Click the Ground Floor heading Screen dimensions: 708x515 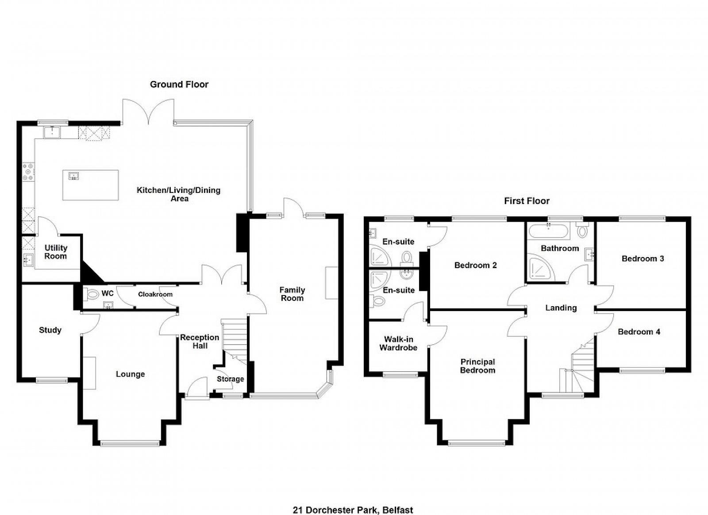tap(179, 85)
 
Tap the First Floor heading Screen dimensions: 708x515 tap(527, 201)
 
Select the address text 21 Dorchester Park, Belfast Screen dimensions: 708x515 tap(353, 501)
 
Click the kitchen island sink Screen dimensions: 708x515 tap(73, 176)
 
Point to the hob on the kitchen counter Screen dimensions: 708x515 tap(28, 172)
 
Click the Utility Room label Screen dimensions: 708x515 tap(56, 252)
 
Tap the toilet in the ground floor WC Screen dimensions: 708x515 tap(92, 295)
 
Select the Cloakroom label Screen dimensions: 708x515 tap(155, 295)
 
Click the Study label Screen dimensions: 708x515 tap(50, 330)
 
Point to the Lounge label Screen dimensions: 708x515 tap(130, 374)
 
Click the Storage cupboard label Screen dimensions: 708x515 tap(231, 379)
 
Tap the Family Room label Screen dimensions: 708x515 tap(292, 294)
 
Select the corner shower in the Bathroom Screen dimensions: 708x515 tap(542, 269)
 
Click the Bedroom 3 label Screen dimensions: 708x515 tap(643, 259)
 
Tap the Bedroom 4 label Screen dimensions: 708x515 tap(639, 332)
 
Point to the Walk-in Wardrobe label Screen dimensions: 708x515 tap(398, 343)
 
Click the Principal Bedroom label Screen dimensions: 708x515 tap(477, 366)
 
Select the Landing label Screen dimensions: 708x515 tap(561, 308)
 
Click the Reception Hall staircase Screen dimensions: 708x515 tap(234, 341)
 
